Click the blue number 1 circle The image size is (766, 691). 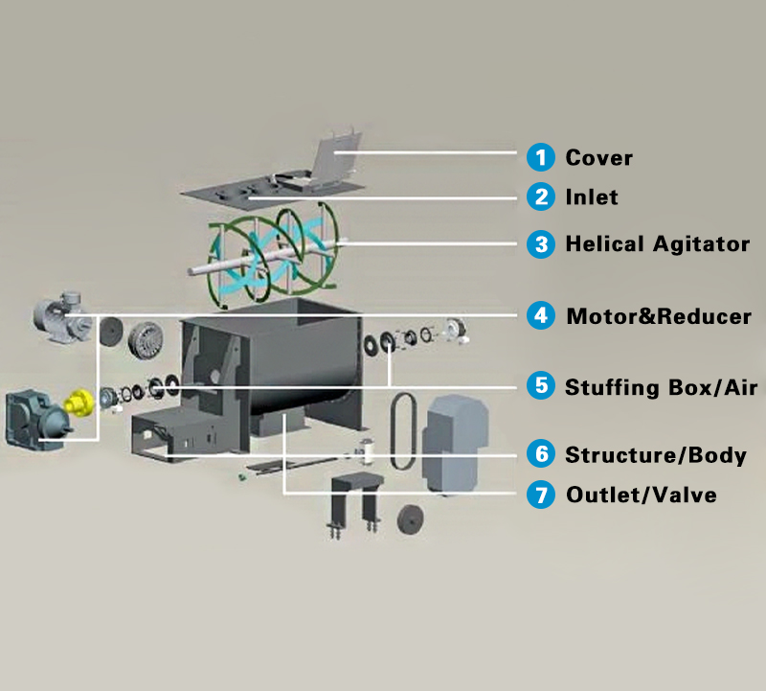point(542,156)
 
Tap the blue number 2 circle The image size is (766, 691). point(542,197)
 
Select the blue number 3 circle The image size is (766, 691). point(542,243)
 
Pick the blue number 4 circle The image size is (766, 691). point(542,314)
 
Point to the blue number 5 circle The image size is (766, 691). point(542,386)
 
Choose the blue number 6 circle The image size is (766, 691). point(542,453)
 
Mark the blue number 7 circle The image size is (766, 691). point(542,495)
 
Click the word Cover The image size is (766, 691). point(598,157)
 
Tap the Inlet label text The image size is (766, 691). point(592,197)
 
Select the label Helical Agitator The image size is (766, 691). point(657,243)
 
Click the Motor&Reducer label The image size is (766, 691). point(659,315)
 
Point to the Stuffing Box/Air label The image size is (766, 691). point(661,387)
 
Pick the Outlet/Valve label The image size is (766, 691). point(641,495)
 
